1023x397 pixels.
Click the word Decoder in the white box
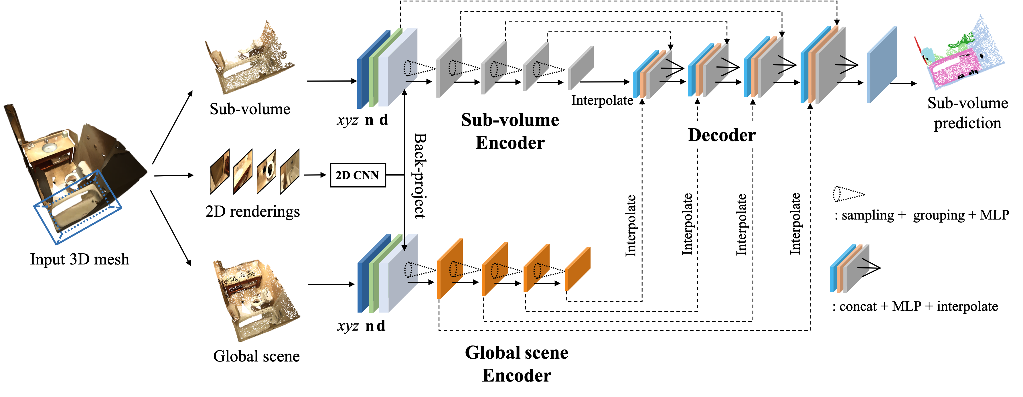722,135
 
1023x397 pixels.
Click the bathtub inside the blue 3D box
76,206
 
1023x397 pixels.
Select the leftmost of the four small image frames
220,171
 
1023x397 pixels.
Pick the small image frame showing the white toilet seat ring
266,171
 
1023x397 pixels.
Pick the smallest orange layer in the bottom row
577,269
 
